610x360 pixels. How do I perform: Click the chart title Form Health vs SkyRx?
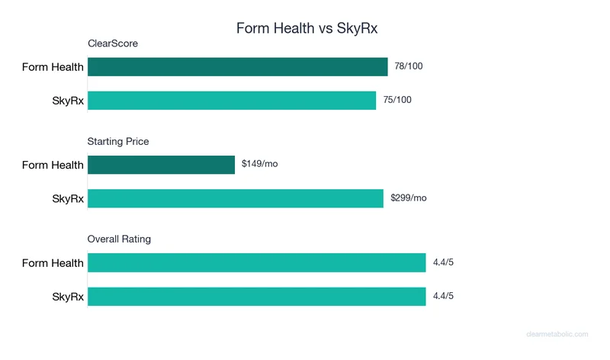pos(307,28)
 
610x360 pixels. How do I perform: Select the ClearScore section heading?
pos(113,43)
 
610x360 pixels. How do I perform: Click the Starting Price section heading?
pos(118,141)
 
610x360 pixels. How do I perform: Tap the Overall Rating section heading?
pos(119,239)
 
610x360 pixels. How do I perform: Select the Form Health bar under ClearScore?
pos(237,67)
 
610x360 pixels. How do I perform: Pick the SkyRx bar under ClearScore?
pos(232,101)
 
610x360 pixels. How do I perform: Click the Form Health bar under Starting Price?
pos(161,165)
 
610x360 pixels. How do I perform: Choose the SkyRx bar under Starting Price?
pos(235,198)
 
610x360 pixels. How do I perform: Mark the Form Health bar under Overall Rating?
pos(256,262)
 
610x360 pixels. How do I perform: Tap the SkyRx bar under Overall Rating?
pos(256,296)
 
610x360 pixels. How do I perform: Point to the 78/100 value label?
pos(409,66)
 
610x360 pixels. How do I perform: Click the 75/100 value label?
pos(397,100)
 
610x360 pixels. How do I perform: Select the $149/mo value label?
pos(260,164)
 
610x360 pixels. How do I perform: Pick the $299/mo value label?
pos(409,198)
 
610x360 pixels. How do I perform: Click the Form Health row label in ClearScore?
pos(53,67)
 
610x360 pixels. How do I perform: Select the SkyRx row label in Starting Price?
pos(67,198)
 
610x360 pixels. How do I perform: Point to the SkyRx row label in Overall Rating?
pos(67,296)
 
